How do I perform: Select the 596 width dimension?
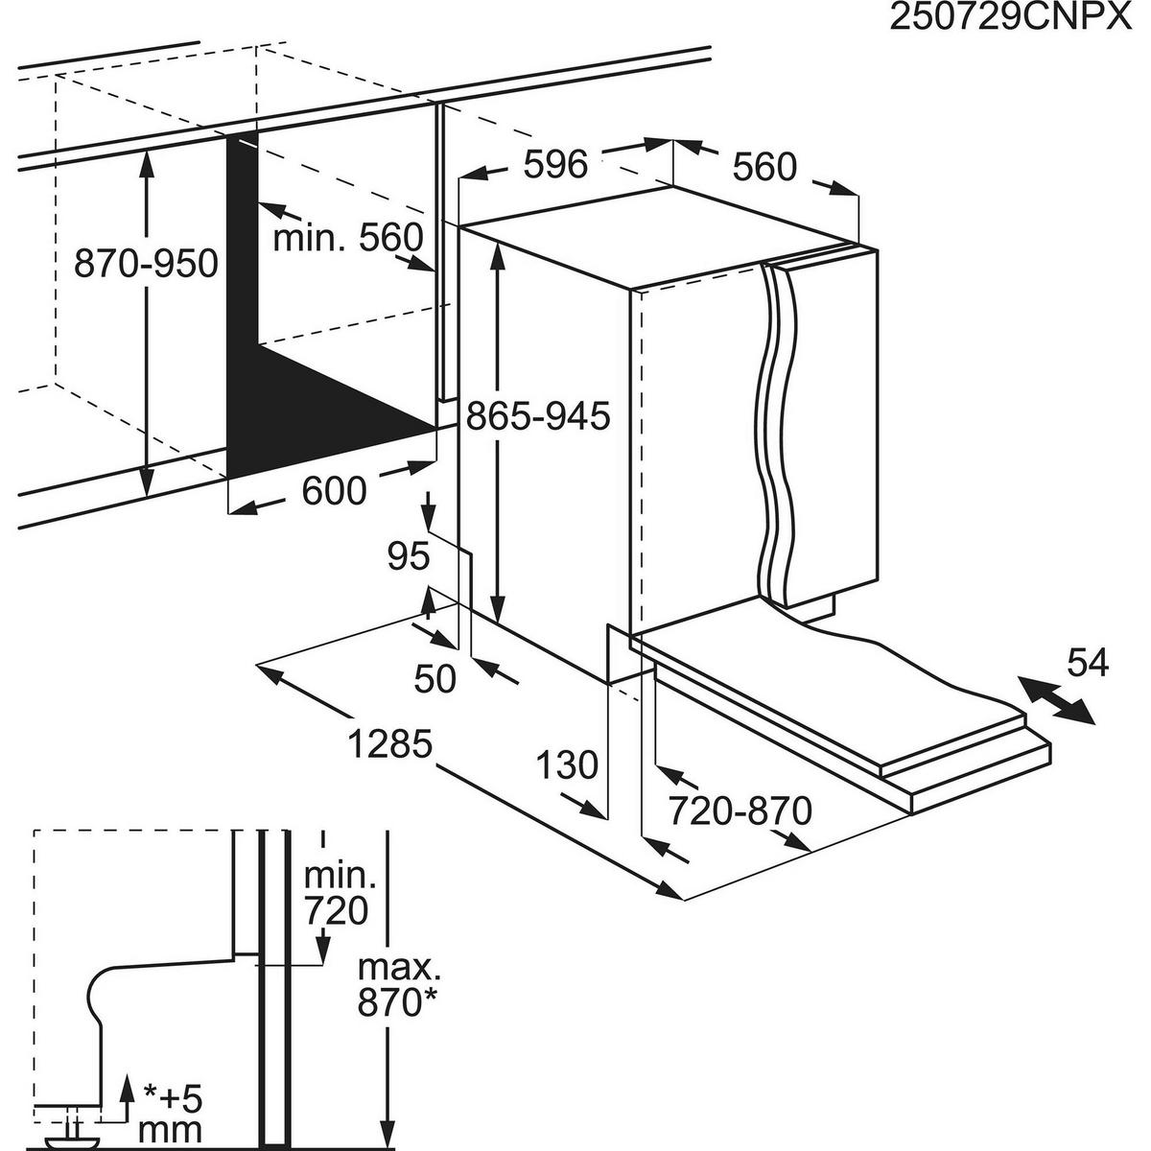point(555,164)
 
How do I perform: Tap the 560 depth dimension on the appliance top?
point(764,167)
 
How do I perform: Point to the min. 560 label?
point(348,237)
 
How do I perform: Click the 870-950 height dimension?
point(146,263)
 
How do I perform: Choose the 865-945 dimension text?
point(538,416)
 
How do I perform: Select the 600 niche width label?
point(334,491)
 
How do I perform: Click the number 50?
point(435,679)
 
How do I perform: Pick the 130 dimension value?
point(566,765)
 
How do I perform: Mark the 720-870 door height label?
point(740,811)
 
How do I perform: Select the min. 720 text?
point(336,893)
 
